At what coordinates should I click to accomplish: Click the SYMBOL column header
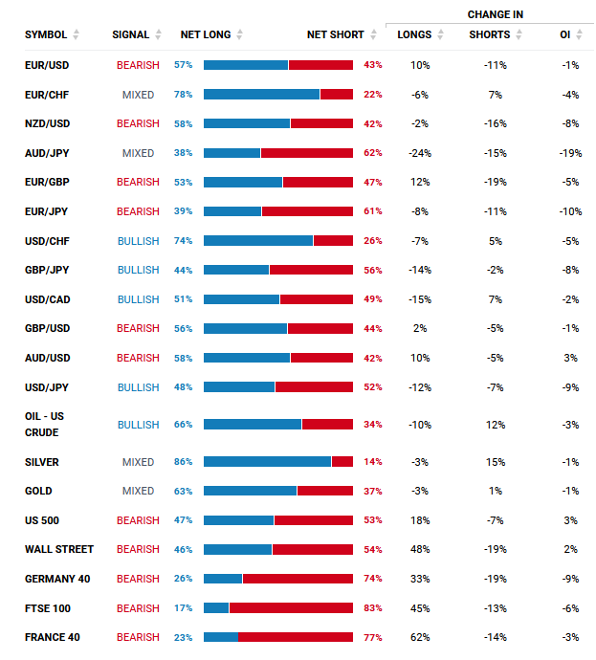pos(46,34)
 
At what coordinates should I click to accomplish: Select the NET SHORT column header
pos(335,34)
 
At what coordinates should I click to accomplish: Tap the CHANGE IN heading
pos(495,14)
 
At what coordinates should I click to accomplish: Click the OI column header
pos(564,34)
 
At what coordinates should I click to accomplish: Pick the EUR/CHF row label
pos(47,95)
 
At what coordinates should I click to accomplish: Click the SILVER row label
pos(42,462)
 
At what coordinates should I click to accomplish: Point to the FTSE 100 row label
pos(48,608)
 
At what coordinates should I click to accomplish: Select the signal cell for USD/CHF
pos(138,241)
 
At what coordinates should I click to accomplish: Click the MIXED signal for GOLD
pos(138,491)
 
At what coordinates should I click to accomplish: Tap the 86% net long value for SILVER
pos(183,462)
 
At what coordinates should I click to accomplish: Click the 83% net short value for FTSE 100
pos(373,608)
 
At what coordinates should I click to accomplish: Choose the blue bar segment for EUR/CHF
pos(261,95)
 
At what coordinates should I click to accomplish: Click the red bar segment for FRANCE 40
pos(296,637)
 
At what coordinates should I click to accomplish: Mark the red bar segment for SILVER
pos(342,462)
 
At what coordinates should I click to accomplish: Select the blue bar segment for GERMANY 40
pos(223,579)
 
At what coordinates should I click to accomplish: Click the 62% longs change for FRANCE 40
pos(420,637)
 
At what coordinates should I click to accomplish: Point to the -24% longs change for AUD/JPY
pos(420,153)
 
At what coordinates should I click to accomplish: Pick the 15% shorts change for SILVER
pos(496,462)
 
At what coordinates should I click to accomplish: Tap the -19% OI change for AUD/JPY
pos(571,153)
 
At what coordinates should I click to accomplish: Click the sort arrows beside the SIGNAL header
pos(158,34)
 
